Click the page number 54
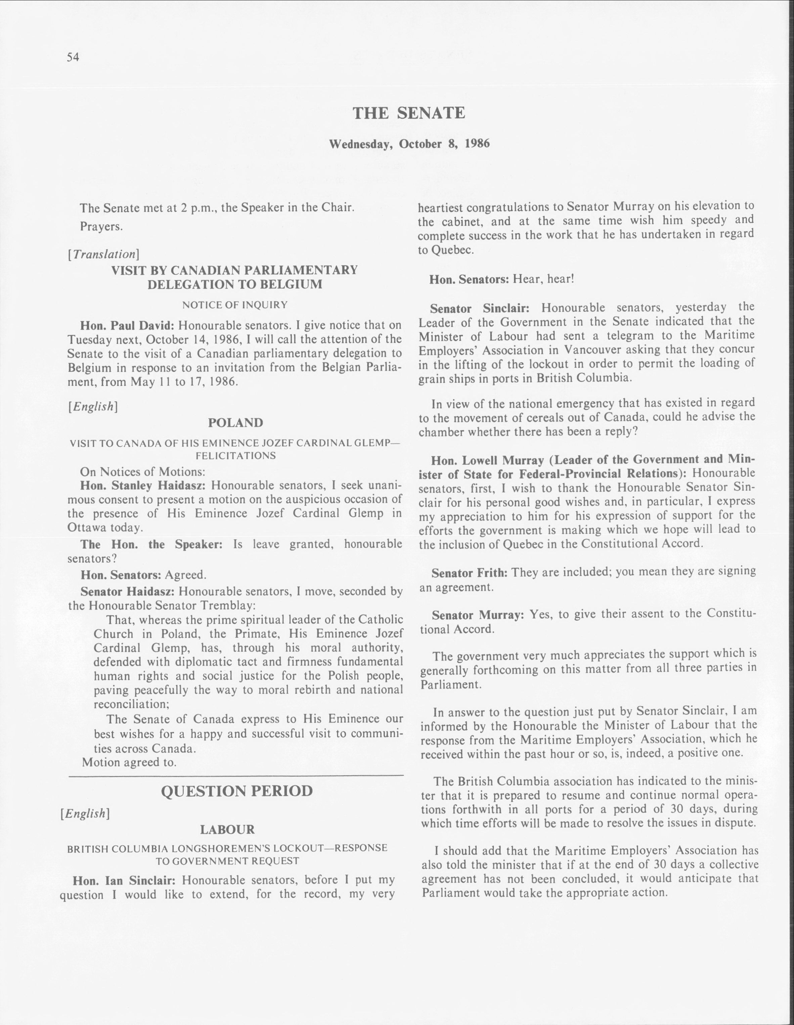point(73,57)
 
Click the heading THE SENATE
point(408,113)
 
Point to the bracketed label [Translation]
point(103,254)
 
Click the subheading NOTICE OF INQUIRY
point(235,305)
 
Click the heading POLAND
point(235,422)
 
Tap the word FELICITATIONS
point(235,456)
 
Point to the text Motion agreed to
point(129,762)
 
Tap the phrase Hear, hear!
point(543,279)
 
